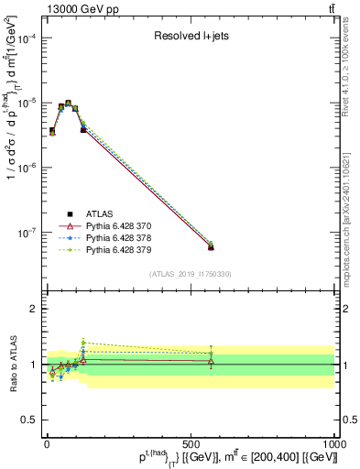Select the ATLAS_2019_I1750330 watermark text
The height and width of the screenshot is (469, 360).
click(x=190, y=274)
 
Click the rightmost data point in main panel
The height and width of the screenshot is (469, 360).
click(x=211, y=246)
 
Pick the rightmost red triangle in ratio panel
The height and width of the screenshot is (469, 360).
click(x=211, y=363)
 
